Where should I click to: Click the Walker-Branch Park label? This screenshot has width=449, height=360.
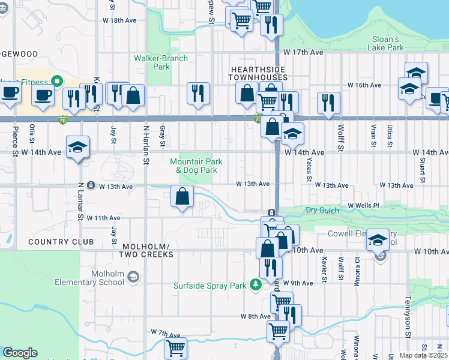coord(161,62)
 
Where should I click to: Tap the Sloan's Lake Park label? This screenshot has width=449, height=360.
coord(386,43)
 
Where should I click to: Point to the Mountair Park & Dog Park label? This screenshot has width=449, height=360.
coord(196,166)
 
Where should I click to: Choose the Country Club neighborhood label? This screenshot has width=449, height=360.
coord(61,242)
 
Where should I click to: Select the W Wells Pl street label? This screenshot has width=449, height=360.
coord(364,206)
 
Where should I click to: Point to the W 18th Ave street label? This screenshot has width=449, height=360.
coord(120,20)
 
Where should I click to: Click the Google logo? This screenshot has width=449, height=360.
coord(20,353)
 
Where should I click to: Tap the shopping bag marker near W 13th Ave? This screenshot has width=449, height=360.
coord(182,196)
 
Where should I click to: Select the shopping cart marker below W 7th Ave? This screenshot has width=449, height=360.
coord(175,347)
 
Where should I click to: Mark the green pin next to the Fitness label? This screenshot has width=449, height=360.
coord(57,80)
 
